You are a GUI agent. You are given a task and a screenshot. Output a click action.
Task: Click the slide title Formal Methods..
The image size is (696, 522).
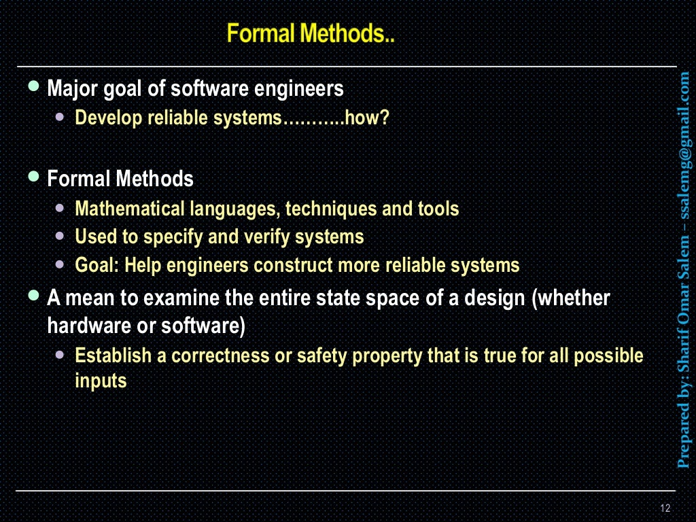[x=311, y=34]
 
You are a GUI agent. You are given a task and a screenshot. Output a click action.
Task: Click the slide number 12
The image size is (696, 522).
[x=665, y=508]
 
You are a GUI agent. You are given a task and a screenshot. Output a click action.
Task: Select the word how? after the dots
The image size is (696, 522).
[x=367, y=118]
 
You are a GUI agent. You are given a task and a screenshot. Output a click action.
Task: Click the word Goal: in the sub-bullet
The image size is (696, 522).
[x=97, y=265]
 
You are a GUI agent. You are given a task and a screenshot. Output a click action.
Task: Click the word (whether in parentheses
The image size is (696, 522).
[x=572, y=298]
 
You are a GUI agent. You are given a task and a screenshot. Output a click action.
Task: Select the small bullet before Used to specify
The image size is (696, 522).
[x=62, y=237]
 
